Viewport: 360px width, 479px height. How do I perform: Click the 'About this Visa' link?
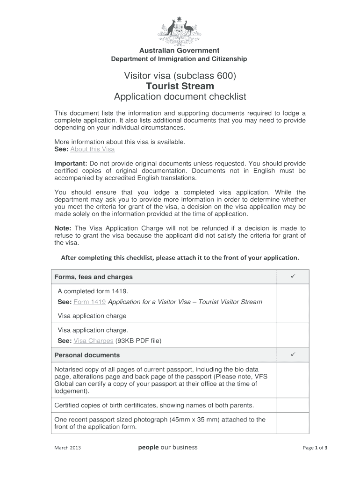coord(92,149)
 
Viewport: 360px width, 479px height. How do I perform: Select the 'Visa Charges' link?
coord(94,341)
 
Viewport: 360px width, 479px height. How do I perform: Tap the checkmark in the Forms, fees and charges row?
coord(293,276)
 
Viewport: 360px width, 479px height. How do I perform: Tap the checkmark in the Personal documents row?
coord(293,355)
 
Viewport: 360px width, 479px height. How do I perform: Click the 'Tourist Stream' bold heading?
coord(180,86)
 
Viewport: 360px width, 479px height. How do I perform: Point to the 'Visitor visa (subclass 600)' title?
coord(180,75)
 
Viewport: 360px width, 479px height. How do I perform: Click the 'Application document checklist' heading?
coord(180,97)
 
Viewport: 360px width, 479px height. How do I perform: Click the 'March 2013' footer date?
coord(68,448)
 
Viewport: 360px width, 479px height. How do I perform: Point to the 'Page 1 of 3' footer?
coord(315,448)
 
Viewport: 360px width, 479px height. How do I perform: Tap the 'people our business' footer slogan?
coord(168,447)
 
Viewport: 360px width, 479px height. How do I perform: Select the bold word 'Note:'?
coord(63,228)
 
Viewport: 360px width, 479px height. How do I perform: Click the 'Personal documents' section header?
coord(87,355)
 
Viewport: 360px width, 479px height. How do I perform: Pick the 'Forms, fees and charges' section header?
coord(94,277)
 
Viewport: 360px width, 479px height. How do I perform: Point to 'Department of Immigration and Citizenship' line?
coord(179,59)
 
